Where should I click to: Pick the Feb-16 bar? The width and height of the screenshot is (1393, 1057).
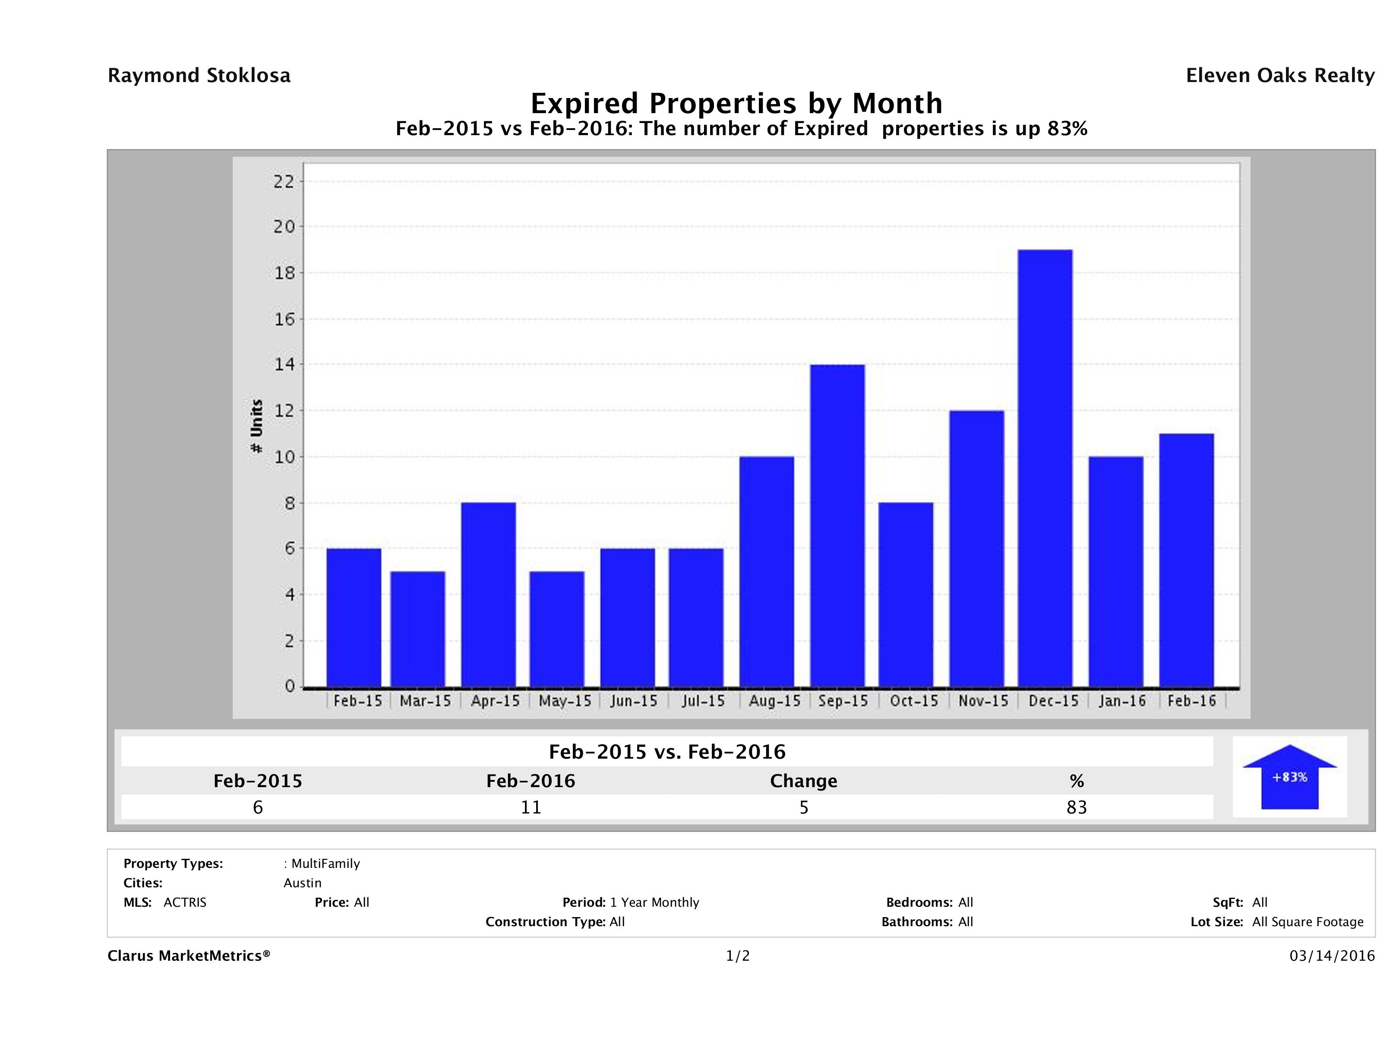tap(1186, 560)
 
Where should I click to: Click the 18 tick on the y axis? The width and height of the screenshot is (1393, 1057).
tap(284, 273)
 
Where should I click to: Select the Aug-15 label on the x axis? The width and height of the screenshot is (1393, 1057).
tap(774, 701)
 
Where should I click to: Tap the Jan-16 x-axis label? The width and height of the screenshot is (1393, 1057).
tap(1121, 701)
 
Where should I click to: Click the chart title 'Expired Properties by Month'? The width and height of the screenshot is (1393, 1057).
tap(736, 103)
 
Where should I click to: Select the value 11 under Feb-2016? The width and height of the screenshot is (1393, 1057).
tap(531, 807)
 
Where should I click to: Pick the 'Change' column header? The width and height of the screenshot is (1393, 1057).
tap(804, 781)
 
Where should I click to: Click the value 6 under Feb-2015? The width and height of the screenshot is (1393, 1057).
tap(258, 807)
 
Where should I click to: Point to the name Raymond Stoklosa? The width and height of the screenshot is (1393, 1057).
tap(199, 76)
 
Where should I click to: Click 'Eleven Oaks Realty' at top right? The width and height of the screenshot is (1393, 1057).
tap(1279, 76)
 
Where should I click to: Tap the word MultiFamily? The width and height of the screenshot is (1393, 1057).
tap(325, 864)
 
